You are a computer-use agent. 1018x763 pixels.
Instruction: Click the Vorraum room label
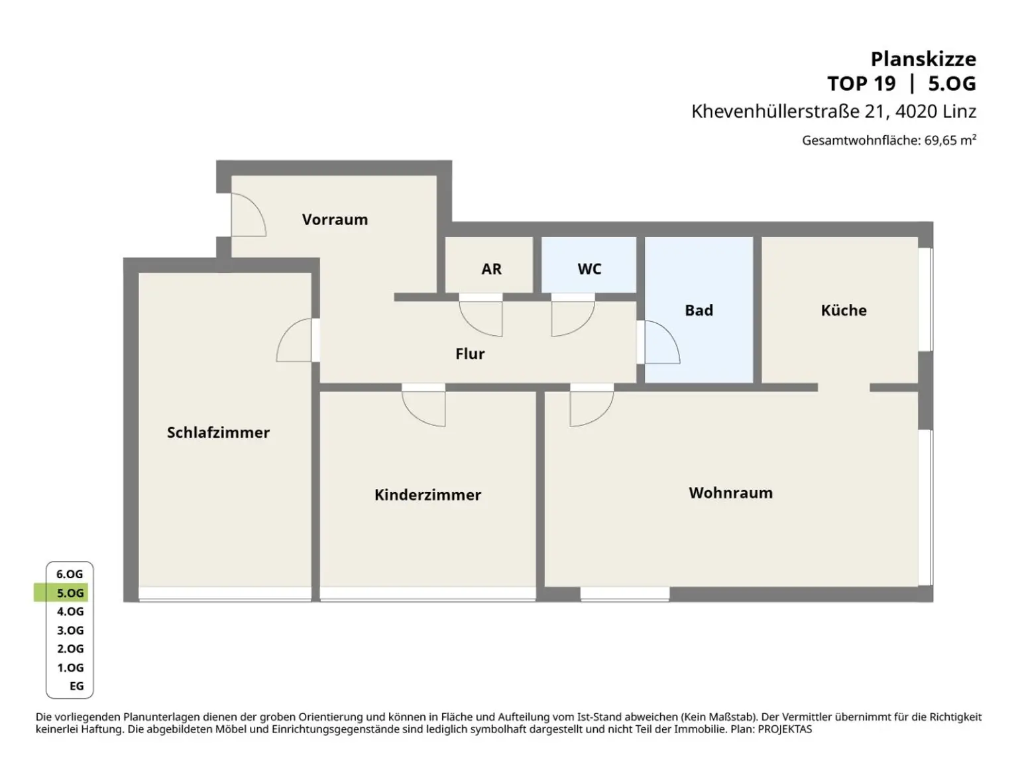[x=335, y=219]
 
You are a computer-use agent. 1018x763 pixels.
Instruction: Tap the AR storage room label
[x=491, y=269]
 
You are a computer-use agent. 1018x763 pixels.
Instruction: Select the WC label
[x=589, y=269]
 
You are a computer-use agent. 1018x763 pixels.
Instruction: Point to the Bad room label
[x=699, y=310]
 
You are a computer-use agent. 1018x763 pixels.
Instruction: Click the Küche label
[x=844, y=310]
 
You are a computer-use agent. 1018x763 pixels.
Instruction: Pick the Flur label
[x=470, y=354]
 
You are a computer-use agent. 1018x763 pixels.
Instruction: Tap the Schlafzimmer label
[x=218, y=432]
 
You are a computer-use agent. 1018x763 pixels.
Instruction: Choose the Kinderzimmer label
[x=427, y=495]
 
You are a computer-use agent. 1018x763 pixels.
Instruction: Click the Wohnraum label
[x=730, y=493]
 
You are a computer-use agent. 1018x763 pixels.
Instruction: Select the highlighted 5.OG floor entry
[x=70, y=593]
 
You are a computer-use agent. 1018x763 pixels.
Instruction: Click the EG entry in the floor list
[x=76, y=686]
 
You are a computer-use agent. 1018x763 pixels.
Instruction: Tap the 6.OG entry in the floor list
[x=70, y=574]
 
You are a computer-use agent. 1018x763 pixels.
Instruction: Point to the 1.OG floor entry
[x=70, y=668]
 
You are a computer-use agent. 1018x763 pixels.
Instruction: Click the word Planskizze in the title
[x=923, y=60]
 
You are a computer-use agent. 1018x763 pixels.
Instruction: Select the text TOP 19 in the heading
[x=861, y=84]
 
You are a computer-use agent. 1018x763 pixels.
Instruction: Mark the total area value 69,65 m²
[x=950, y=140]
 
